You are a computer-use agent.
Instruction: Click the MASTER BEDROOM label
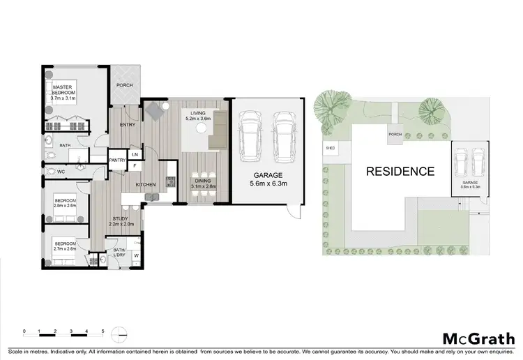point(63,92)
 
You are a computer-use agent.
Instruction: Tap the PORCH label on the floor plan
point(125,85)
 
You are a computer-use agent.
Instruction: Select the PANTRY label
point(116,160)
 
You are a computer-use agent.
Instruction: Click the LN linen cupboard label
point(135,154)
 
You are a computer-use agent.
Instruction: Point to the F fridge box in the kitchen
point(135,166)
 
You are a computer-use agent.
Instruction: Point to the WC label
point(61,171)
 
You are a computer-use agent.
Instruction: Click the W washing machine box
point(136,255)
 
